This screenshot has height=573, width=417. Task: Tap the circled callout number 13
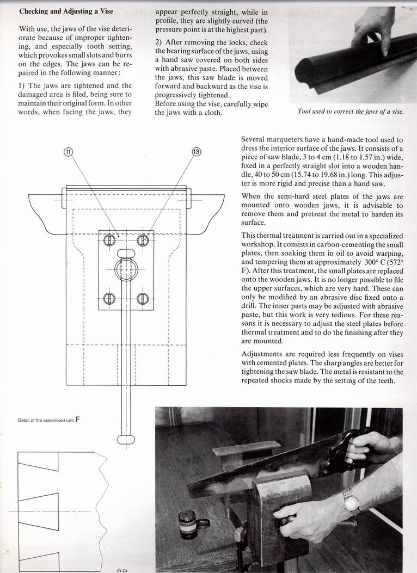tap(197, 152)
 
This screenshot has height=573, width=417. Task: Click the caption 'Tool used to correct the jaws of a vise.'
tap(351, 112)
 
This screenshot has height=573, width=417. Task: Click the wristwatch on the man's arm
tap(351, 501)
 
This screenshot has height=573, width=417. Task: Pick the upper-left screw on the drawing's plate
tap(109, 240)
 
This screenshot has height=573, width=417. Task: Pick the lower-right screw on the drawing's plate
tap(143, 298)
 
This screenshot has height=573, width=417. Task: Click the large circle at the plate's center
tap(126, 269)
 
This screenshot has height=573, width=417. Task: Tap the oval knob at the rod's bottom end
tap(126, 440)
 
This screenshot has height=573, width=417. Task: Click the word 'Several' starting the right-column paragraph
tap(254, 140)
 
